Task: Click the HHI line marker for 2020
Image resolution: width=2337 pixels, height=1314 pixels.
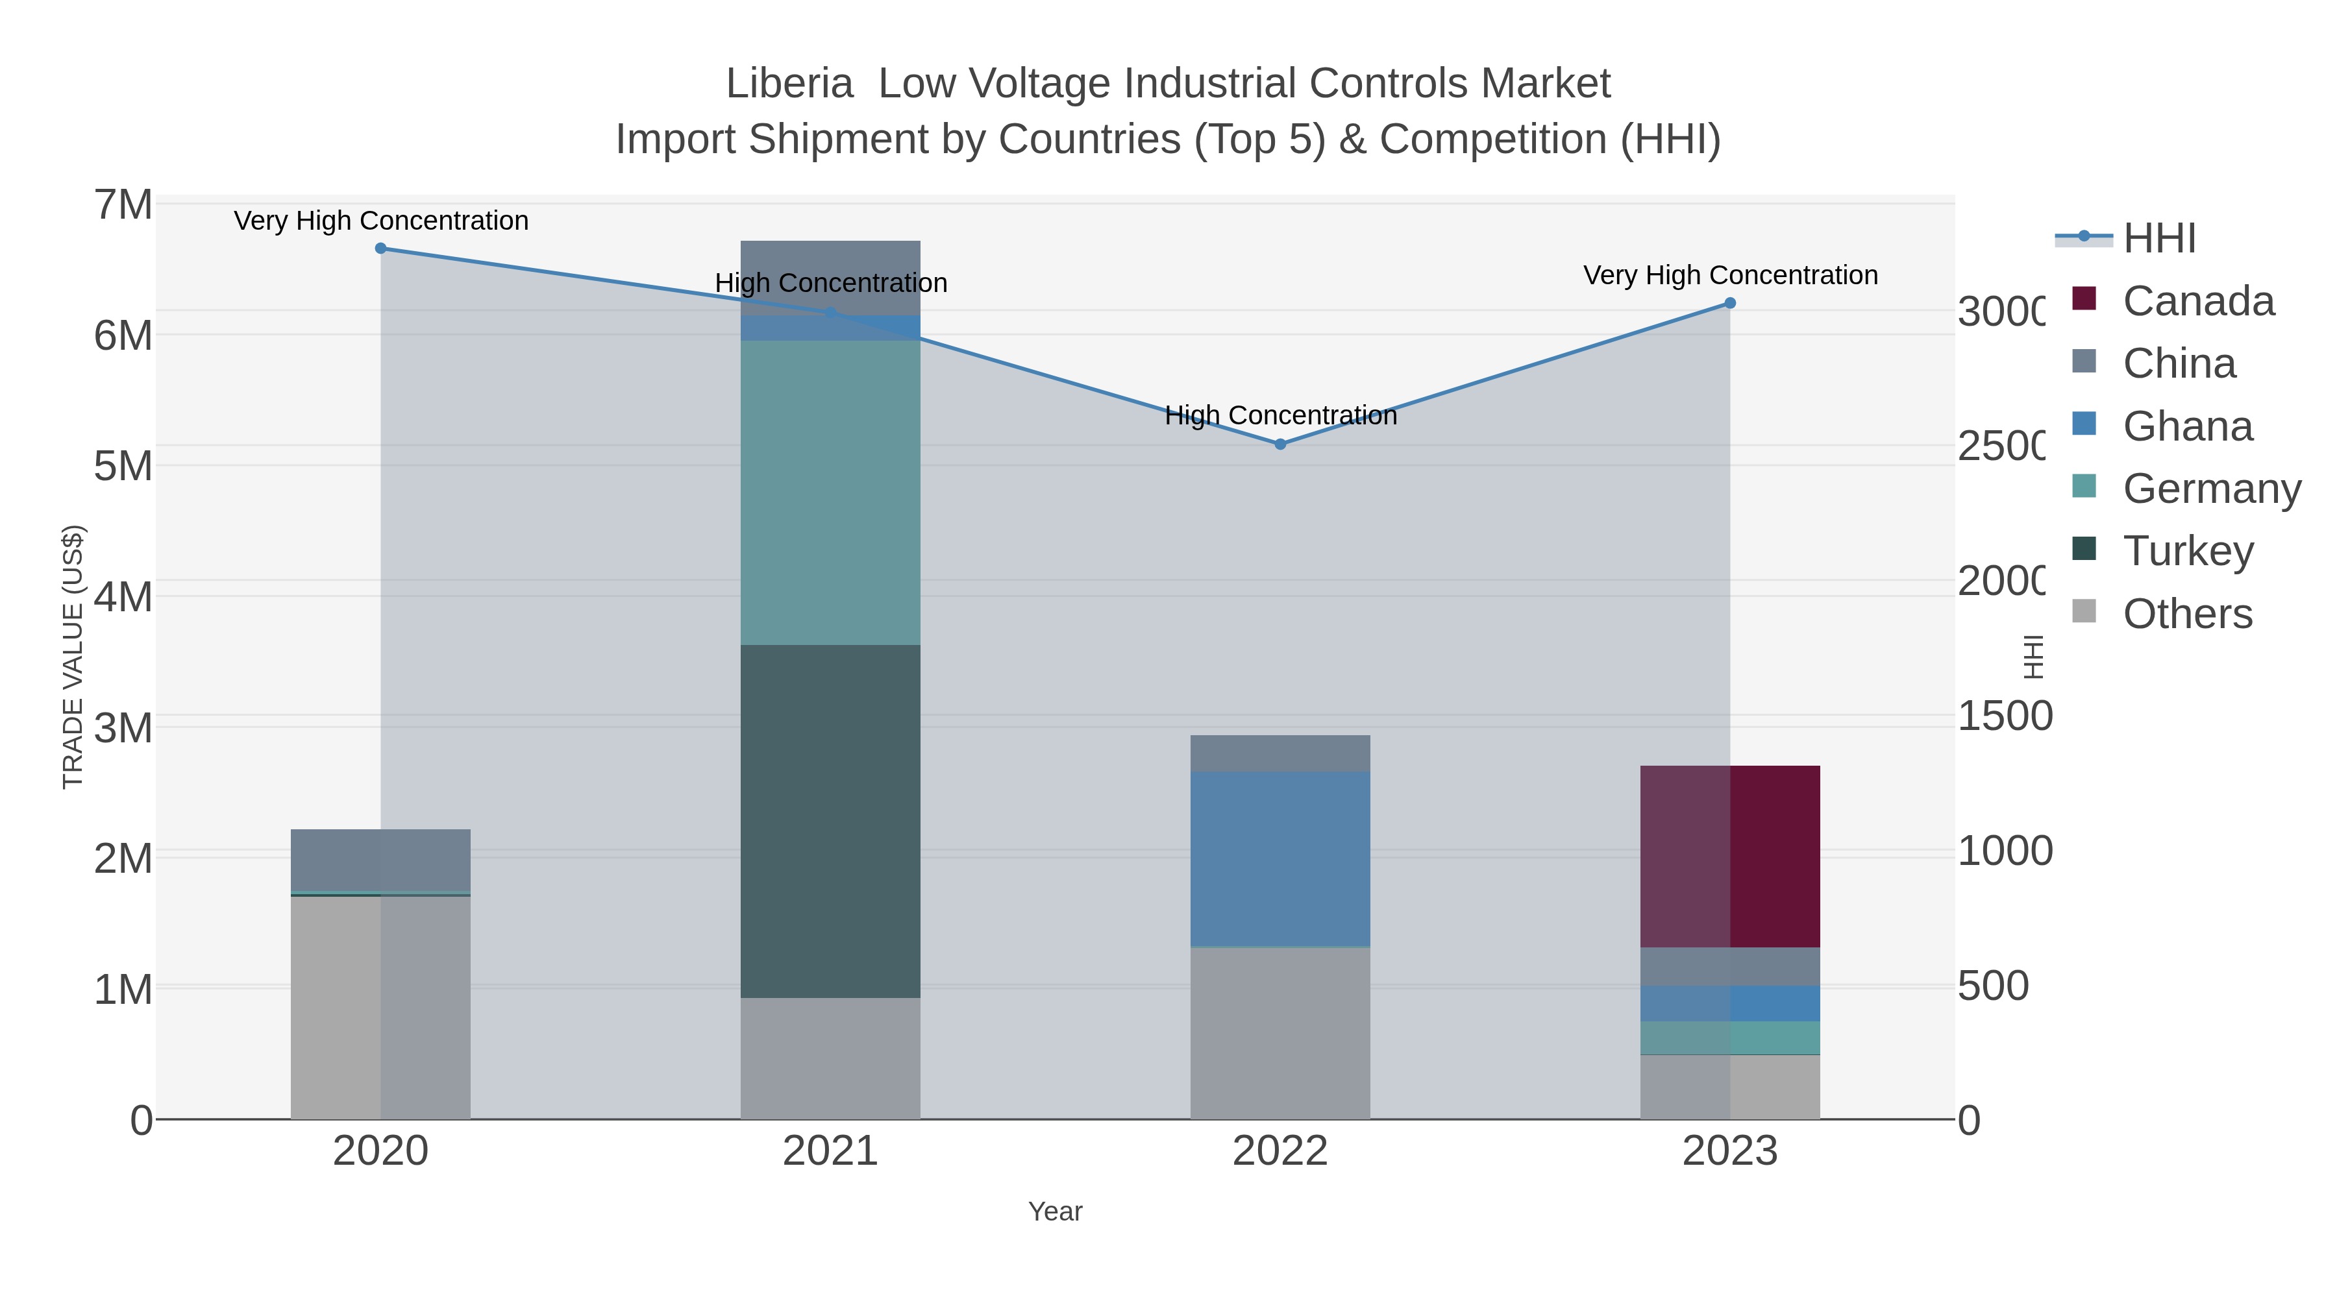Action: [380, 249]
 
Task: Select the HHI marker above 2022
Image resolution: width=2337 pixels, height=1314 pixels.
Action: [1280, 444]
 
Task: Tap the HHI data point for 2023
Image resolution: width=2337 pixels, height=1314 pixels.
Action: [1729, 303]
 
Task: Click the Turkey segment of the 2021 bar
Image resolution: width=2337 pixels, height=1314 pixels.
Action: [830, 821]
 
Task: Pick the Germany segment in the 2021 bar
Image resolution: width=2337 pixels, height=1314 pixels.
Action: [830, 493]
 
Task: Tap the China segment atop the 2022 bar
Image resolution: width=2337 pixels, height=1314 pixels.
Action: [1280, 753]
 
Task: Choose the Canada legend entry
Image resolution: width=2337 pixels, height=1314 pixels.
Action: [2197, 301]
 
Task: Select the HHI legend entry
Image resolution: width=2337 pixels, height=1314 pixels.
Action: [2158, 239]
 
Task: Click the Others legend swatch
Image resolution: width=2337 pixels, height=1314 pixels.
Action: [2084, 612]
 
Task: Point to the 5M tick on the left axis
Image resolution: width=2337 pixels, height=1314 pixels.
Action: [123, 466]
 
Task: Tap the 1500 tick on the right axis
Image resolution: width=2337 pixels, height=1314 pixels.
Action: [2004, 716]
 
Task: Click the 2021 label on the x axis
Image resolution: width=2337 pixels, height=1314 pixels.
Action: [830, 1150]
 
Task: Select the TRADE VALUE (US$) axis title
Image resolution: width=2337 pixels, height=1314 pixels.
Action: [73, 657]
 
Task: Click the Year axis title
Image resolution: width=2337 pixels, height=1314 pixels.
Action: [1055, 1211]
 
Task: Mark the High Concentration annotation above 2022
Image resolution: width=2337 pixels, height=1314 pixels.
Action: [1280, 415]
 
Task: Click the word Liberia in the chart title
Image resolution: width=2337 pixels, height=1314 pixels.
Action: [789, 84]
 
